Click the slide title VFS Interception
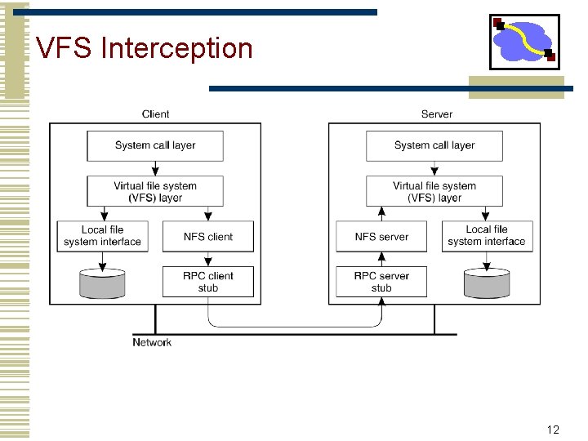click(145, 48)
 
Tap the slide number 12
click(553, 430)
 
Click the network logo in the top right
click(524, 42)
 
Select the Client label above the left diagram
click(155, 114)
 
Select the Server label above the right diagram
click(436, 114)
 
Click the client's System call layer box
click(155, 145)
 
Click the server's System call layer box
click(434, 145)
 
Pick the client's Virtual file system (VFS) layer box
click(155, 192)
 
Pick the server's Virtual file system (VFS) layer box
click(434, 192)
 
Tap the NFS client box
click(208, 237)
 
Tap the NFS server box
click(381, 237)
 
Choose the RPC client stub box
click(208, 282)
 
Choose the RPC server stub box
click(381, 282)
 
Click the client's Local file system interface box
click(102, 236)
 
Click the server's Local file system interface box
click(487, 236)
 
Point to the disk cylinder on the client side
click(102, 283)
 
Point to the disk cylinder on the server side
click(487, 283)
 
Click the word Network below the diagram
click(152, 342)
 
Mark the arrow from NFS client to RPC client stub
click(208, 259)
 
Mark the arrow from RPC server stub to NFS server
click(381, 259)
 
